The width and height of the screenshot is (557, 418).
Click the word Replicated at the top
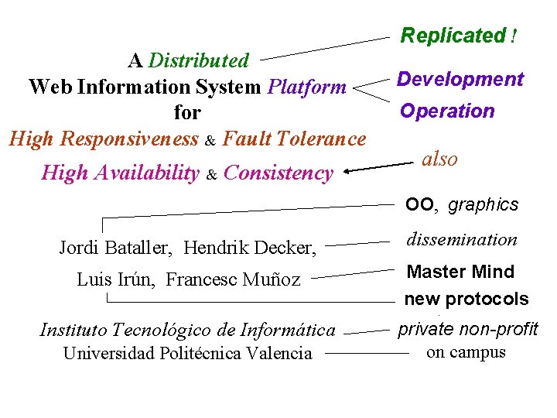pyautogui.click(x=453, y=36)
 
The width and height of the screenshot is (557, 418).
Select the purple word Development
pyautogui.click(x=460, y=80)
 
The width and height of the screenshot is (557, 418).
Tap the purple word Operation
pyautogui.click(x=447, y=111)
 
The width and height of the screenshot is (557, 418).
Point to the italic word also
pyautogui.click(x=439, y=159)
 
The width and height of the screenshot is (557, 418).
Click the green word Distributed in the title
pyautogui.click(x=199, y=60)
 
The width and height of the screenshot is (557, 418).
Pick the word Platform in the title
pyautogui.click(x=306, y=87)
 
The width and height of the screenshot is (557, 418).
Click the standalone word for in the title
pyautogui.click(x=187, y=113)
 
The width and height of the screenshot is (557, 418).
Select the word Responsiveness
pyautogui.click(x=129, y=139)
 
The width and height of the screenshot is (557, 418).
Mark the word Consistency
pyautogui.click(x=278, y=173)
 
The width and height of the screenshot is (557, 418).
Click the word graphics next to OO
pyautogui.click(x=484, y=205)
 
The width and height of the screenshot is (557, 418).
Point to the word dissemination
pyautogui.click(x=461, y=240)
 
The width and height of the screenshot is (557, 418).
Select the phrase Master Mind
pyautogui.click(x=460, y=272)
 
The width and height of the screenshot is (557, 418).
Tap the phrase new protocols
pyautogui.click(x=466, y=299)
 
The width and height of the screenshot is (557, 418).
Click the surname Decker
pyautogui.click(x=285, y=248)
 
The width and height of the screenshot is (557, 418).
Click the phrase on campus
pyautogui.click(x=466, y=352)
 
